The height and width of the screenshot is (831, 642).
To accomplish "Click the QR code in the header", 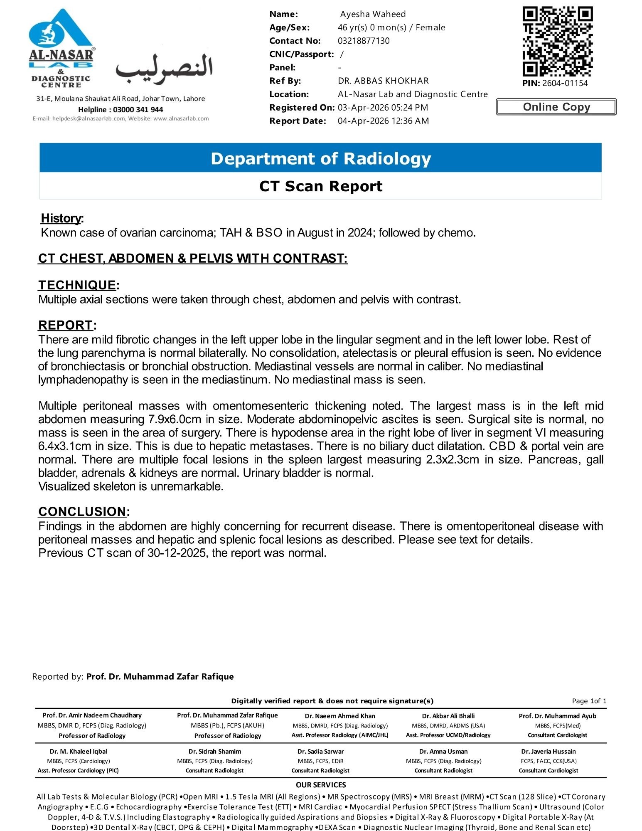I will pos(557,41).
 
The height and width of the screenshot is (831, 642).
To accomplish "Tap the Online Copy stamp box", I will pos(556,107).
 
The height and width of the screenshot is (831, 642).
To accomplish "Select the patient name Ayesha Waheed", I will pos(373,14).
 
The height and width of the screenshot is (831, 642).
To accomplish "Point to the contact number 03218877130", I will pos(364,41).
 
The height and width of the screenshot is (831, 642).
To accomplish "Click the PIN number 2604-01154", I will pos(565,83).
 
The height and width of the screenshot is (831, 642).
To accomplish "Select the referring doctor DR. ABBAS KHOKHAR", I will pos(383,81).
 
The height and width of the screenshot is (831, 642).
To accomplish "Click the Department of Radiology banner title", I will pos(320,158).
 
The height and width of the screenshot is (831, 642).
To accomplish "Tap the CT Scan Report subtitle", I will pos(320,186).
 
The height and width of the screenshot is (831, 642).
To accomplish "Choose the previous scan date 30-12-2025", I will pos(176,553).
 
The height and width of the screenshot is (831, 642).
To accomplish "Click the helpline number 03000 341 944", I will pos(138,110).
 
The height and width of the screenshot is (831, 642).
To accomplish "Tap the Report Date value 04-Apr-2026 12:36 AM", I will pos(383,121).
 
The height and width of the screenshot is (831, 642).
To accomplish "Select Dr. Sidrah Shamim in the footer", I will pos(214,751).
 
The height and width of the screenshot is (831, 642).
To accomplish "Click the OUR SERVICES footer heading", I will pos(321,785).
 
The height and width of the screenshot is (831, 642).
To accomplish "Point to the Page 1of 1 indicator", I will pos(589,701).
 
